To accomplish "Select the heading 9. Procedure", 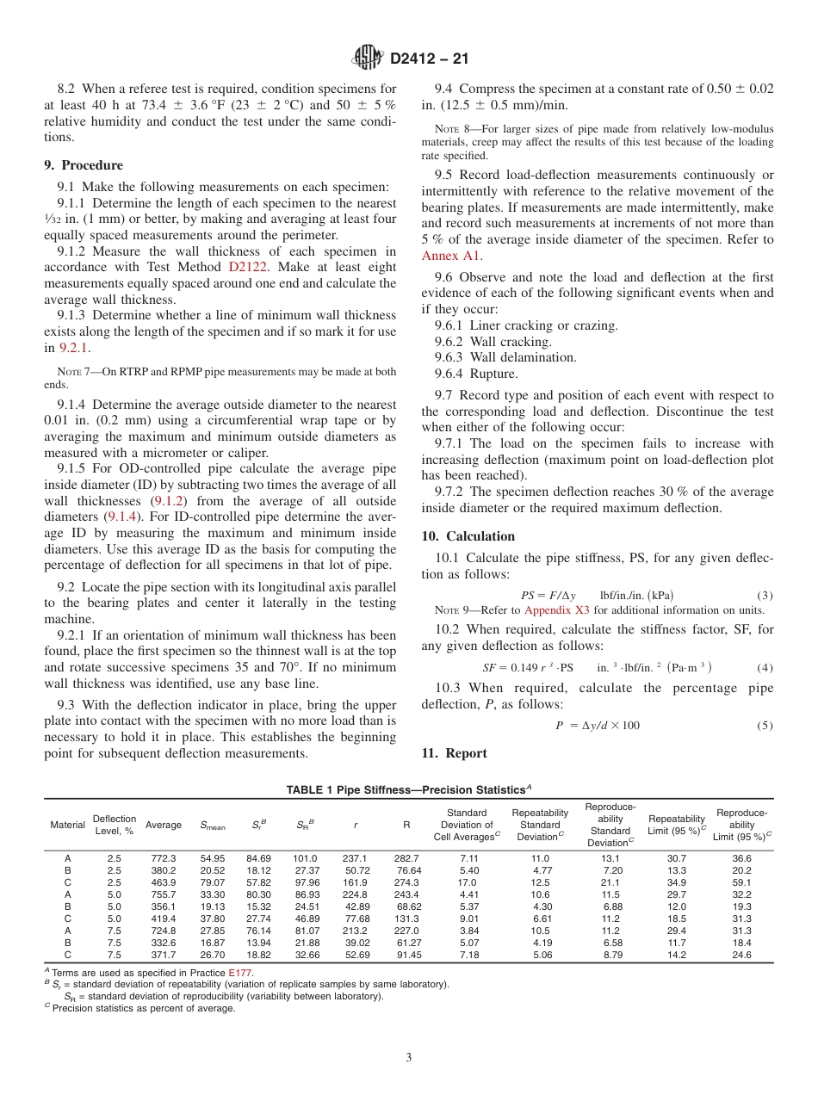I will tap(84, 165).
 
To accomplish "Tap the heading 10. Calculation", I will tap(468, 536).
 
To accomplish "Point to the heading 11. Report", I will tap(455, 753).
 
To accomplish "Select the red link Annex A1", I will tap(451, 256).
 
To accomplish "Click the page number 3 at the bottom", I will tap(408, 1058).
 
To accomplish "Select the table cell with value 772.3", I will tap(163, 858).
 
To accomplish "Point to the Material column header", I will tap(67, 825).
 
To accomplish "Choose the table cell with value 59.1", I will tap(741, 882).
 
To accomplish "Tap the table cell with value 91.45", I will tap(409, 955).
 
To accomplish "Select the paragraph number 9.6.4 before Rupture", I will tap(449, 374).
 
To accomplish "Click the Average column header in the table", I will tap(163, 825).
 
